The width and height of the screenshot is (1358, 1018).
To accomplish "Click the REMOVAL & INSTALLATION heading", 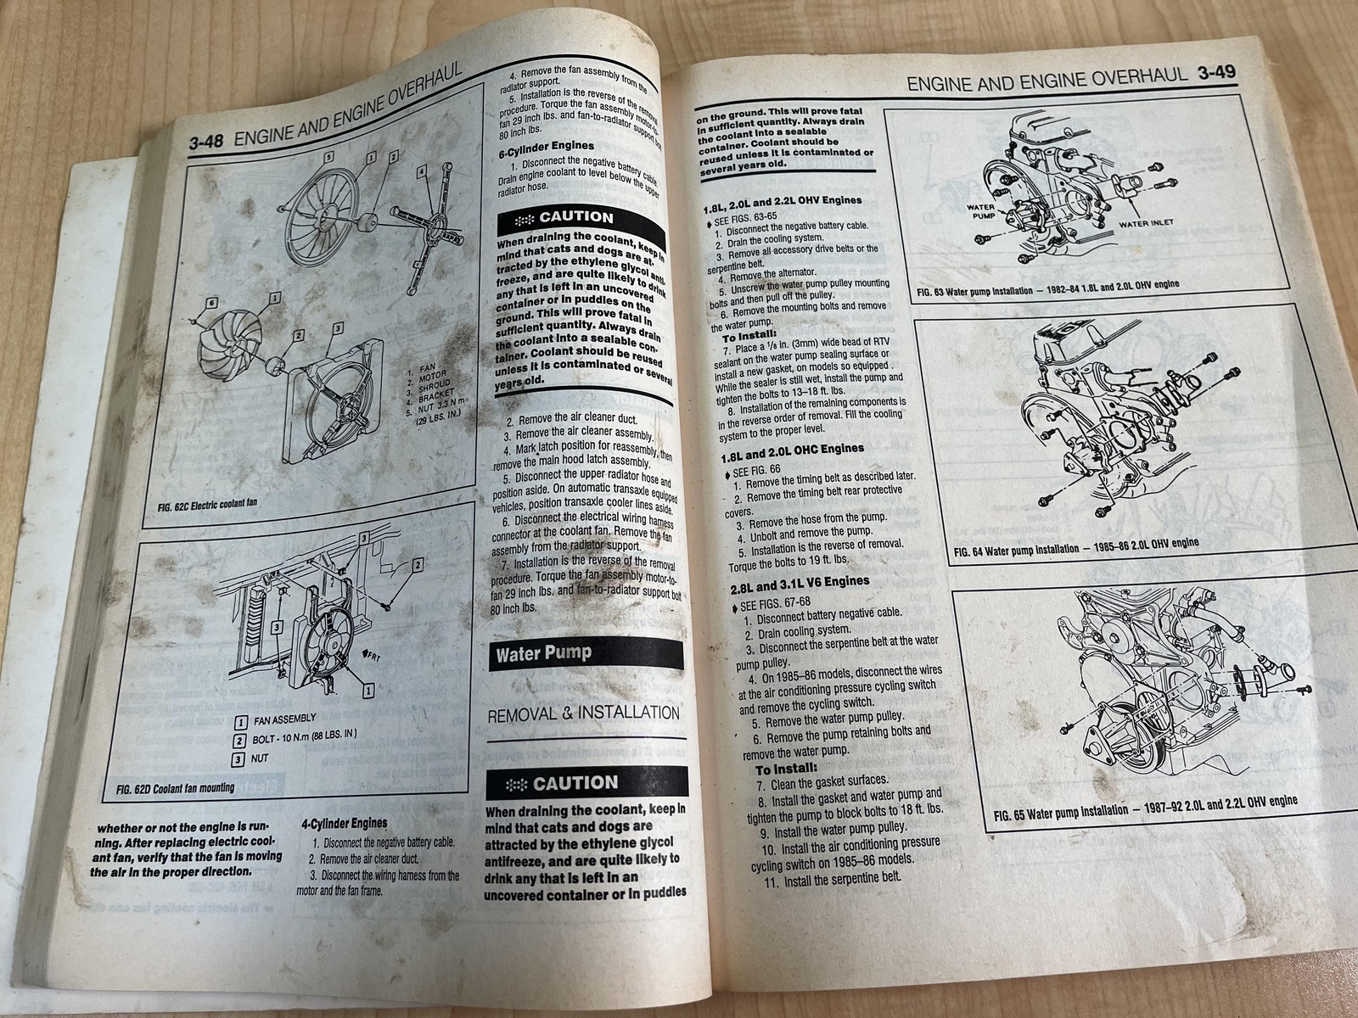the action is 584,713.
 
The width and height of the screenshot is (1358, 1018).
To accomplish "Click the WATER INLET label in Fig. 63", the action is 1149,225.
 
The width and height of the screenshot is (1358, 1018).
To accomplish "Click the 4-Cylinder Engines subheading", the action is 344,823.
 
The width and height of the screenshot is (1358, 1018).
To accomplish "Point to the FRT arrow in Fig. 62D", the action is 371,656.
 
